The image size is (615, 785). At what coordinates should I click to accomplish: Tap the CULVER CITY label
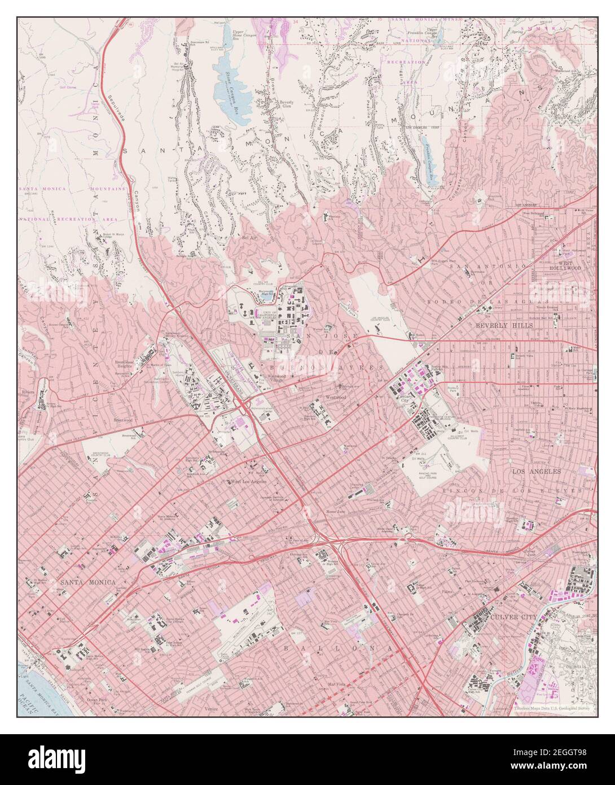pos(512,618)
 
